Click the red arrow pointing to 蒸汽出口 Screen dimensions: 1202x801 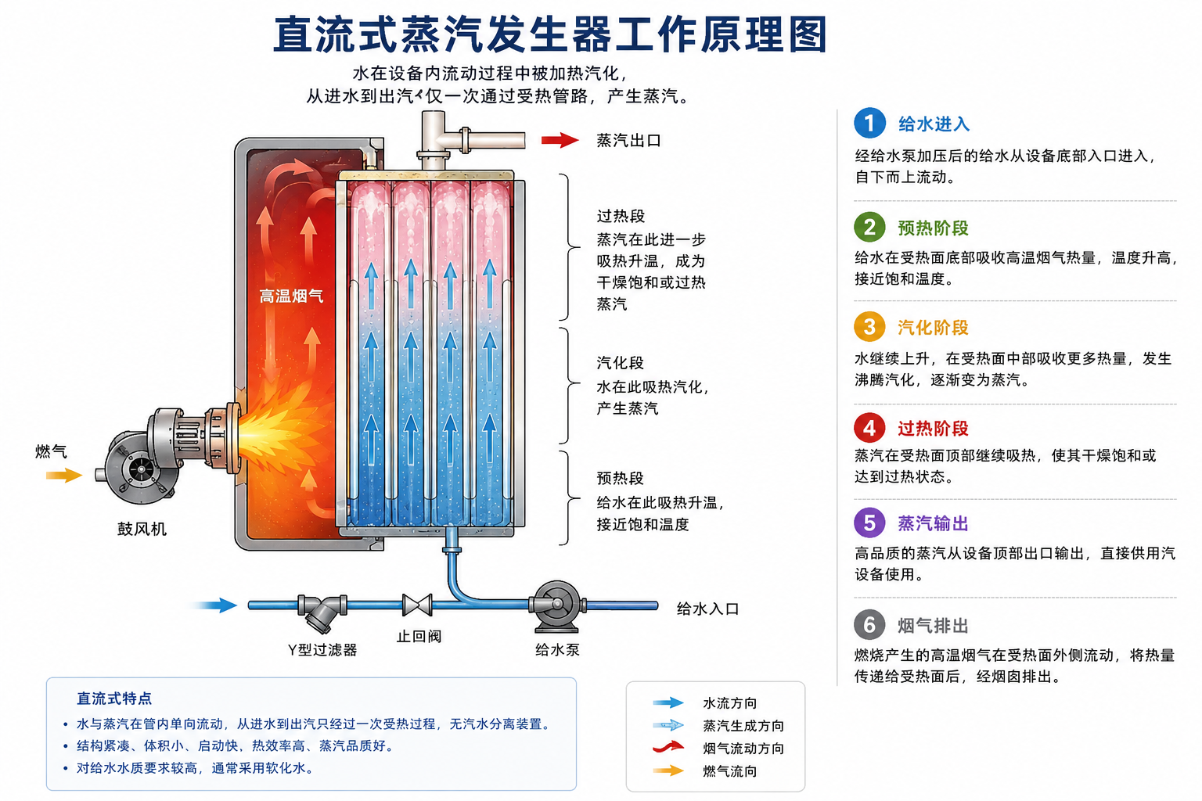560,141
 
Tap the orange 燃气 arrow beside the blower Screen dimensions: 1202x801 64,475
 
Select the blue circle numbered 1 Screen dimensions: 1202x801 869,123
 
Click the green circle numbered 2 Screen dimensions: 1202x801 869,227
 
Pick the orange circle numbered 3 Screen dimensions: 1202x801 869,326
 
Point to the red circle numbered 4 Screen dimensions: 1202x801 869,428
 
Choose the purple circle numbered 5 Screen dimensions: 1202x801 869,523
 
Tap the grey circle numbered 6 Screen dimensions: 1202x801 869,624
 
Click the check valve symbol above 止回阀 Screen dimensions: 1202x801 417,605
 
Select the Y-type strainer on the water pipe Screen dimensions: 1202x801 322,612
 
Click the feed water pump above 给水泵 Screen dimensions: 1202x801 557,606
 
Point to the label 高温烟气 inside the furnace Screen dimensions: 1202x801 291,296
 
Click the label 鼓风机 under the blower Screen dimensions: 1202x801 142,529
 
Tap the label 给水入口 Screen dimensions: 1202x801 707,609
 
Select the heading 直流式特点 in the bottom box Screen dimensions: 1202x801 114,698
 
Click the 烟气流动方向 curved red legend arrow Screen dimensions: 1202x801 668,747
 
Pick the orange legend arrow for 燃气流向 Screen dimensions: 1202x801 668,771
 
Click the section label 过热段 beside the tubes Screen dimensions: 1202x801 621,216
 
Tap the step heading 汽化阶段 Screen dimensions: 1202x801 933,327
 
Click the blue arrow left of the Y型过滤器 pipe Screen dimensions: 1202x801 214,605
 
